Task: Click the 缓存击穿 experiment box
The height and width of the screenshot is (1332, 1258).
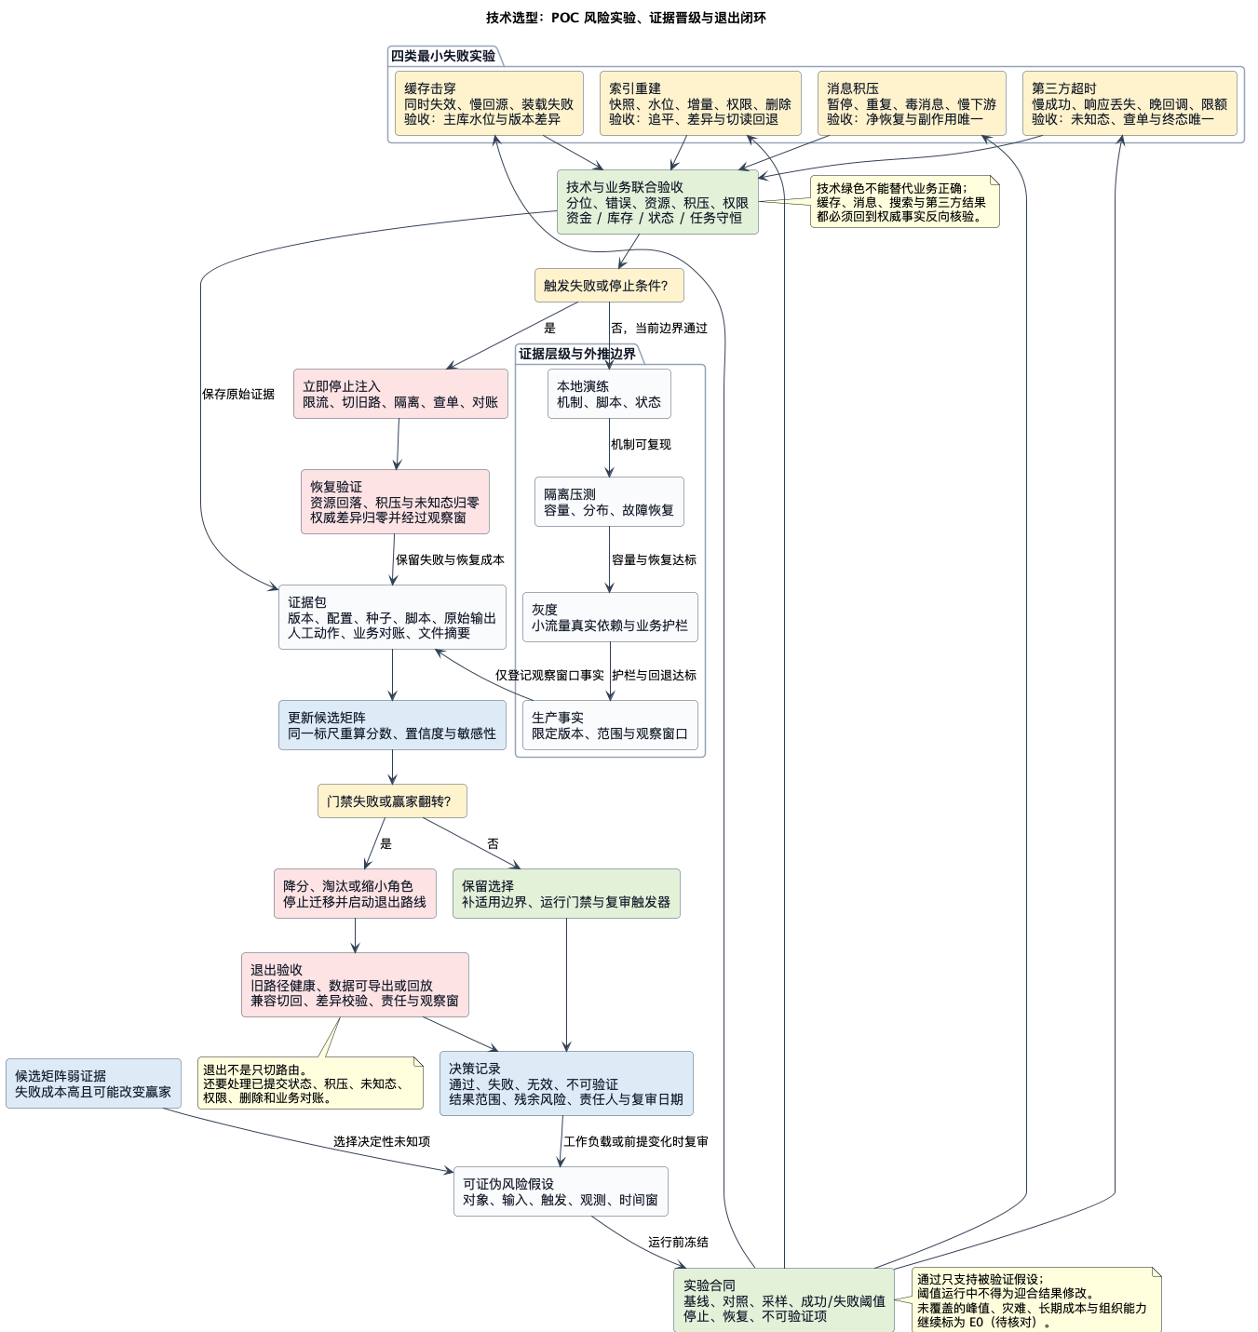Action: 489,103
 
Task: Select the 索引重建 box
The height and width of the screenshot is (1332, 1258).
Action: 700,103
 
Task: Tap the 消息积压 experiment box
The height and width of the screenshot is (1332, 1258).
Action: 911,103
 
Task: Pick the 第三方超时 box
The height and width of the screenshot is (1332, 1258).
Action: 1129,103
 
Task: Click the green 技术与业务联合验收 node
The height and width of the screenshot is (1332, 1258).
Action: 657,202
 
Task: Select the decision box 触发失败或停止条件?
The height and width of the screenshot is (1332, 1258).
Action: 609,286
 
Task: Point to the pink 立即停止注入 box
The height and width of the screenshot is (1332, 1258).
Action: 400,394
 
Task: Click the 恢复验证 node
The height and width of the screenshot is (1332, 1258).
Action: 395,502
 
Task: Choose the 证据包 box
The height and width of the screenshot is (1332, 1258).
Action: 393,617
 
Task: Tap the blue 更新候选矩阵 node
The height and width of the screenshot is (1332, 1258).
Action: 393,725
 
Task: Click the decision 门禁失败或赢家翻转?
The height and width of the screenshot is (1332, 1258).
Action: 393,801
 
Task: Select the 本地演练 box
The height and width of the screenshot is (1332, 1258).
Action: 609,394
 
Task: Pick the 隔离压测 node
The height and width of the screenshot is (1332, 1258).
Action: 609,502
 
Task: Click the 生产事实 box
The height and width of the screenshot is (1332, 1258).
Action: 610,725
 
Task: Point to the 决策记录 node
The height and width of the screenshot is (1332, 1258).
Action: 566,1083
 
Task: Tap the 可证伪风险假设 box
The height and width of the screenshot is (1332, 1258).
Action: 561,1191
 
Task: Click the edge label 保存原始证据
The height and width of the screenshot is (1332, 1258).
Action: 238,395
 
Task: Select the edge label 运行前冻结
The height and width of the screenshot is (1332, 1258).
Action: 678,1242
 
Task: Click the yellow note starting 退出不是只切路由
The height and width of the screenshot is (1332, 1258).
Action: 311,1083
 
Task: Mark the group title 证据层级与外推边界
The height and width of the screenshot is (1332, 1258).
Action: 577,354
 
